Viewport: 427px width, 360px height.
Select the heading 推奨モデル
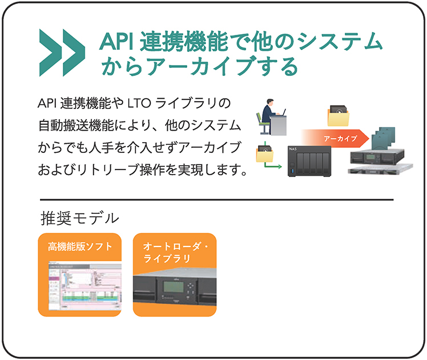80,217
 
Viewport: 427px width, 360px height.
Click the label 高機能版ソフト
80,246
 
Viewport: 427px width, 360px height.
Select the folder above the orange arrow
340,115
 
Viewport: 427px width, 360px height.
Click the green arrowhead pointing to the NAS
280,168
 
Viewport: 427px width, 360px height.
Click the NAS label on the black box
294,149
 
